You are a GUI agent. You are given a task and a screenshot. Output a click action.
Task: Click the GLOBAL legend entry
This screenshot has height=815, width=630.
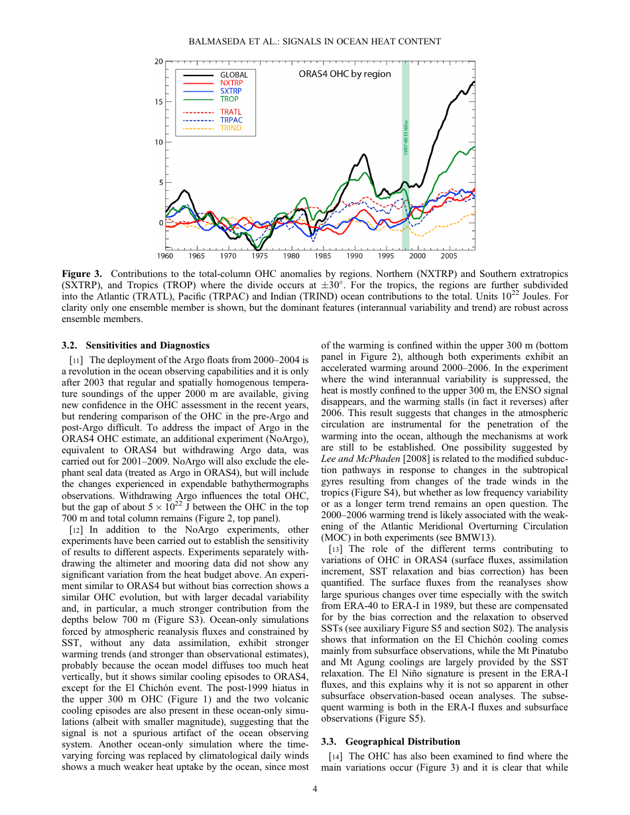(x=233, y=75)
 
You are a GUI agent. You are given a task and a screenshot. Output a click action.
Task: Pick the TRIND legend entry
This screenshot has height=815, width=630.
(x=231, y=128)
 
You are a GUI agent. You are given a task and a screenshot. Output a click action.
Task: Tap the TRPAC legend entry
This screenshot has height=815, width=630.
(x=231, y=120)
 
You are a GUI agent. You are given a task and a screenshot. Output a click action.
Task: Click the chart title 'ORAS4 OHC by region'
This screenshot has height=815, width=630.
(x=345, y=74)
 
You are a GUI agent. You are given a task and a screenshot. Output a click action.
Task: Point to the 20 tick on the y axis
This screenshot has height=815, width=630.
(x=158, y=62)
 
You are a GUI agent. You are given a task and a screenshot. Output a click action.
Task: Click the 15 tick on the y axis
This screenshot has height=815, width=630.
(x=158, y=102)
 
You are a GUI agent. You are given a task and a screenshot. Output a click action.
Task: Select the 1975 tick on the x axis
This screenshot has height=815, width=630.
(x=260, y=256)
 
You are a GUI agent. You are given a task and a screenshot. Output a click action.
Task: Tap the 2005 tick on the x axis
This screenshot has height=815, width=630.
(x=449, y=256)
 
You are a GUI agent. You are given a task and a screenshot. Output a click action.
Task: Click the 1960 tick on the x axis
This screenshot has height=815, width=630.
(x=165, y=256)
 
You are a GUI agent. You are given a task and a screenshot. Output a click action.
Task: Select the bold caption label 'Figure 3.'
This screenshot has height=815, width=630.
(x=82, y=274)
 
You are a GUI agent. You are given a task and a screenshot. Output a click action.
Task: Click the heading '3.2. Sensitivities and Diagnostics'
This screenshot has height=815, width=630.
(x=135, y=345)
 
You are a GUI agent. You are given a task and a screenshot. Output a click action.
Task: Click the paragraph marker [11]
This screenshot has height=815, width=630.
(x=76, y=360)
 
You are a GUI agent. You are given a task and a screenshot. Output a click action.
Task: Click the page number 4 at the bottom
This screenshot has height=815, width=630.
(x=315, y=788)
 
